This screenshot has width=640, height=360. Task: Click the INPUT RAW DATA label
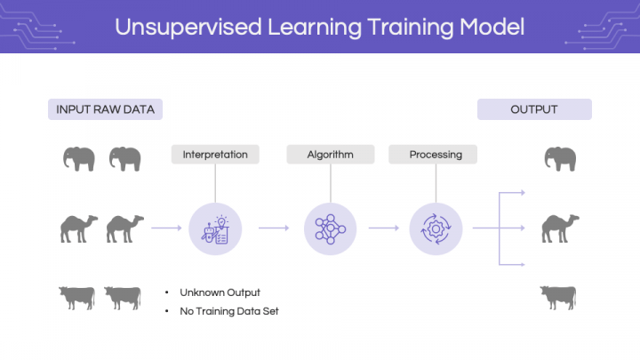click(x=105, y=109)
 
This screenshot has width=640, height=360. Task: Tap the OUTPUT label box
click(x=534, y=109)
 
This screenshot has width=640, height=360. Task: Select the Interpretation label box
click(x=215, y=155)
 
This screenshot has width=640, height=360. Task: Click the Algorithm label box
click(x=330, y=155)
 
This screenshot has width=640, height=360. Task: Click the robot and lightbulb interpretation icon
click(x=215, y=229)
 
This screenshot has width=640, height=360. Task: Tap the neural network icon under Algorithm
click(x=330, y=229)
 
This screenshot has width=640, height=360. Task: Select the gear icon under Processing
click(x=436, y=229)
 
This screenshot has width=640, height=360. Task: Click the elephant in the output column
click(x=560, y=159)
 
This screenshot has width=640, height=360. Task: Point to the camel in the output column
click(x=560, y=228)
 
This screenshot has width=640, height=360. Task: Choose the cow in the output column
click(x=558, y=298)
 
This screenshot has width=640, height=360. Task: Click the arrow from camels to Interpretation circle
click(x=166, y=228)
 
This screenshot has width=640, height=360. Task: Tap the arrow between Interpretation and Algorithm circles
click(x=274, y=228)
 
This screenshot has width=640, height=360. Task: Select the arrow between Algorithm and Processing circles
click(x=384, y=228)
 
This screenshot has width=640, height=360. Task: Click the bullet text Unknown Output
click(x=220, y=292)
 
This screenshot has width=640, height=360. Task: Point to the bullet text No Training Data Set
click(x=229, y=311)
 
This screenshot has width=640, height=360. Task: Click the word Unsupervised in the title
click(x=188, y=28)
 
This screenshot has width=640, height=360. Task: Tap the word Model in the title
click(x=492, y=27)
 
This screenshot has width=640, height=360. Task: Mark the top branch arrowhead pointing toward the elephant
click(x=523, y=193)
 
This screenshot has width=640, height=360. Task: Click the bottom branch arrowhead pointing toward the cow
click(x=523, y=265)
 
